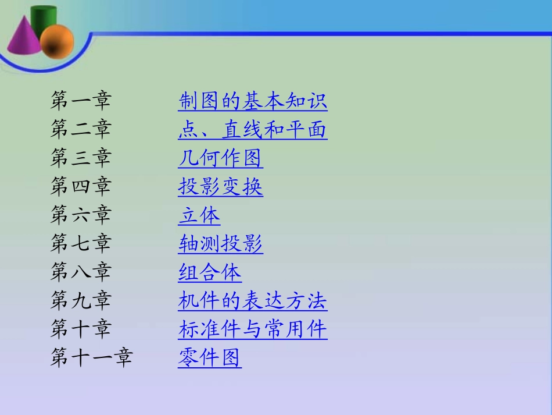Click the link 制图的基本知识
(253, 101)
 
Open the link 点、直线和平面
(253, 130)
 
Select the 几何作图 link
(220, 158)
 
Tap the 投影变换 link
(220, 187)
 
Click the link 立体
(199, 215)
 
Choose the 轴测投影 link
(220, 244)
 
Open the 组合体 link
(210, 272)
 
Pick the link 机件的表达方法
(253, 301)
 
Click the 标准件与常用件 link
(253, 329)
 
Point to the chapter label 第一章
(80, 101)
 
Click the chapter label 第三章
(80, 158)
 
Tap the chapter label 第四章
(80, 187)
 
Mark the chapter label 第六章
(80, 215)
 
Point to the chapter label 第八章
(80, 272)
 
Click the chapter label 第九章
(80, 301)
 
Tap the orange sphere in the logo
(57, 42)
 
